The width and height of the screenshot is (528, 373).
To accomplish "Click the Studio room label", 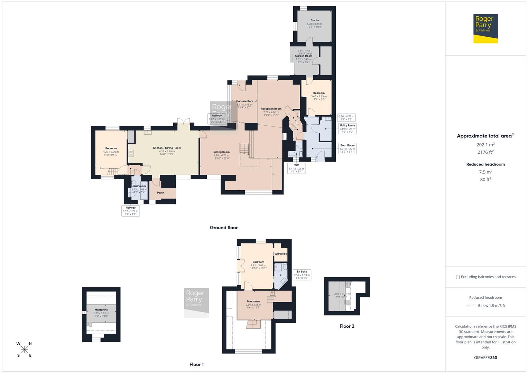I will (x=314, y=20).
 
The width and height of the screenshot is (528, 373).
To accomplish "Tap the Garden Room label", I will (x=304, y=56).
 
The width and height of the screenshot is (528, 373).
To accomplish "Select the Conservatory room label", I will (x=244, y=101).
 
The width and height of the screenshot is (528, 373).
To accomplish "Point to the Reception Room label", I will (x=271, y=109).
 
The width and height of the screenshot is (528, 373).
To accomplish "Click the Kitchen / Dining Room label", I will (x=167, y=148).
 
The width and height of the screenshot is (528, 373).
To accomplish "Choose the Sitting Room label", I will (x=221, y=152).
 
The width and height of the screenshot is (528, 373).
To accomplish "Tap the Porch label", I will (x=161, y=193).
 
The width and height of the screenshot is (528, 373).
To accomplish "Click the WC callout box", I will (x=296, y=168).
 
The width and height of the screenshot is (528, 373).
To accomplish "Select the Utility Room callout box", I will (x=347, y=128).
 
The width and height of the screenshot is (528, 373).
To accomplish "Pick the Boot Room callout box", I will (x=347, y=149).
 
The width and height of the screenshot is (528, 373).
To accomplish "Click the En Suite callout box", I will (x=302, y=275).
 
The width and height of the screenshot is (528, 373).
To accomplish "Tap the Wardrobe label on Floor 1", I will (x=280, y=254).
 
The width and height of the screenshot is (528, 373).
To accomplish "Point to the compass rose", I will (x=24, y=350).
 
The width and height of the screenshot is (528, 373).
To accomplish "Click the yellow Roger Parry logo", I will (x=485, y=28).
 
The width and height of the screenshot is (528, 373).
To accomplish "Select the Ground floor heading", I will (x=224, y=228).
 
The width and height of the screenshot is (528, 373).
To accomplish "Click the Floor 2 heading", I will (x=347, y=326).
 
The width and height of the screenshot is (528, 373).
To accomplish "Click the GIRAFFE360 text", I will (x=486, y=358).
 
